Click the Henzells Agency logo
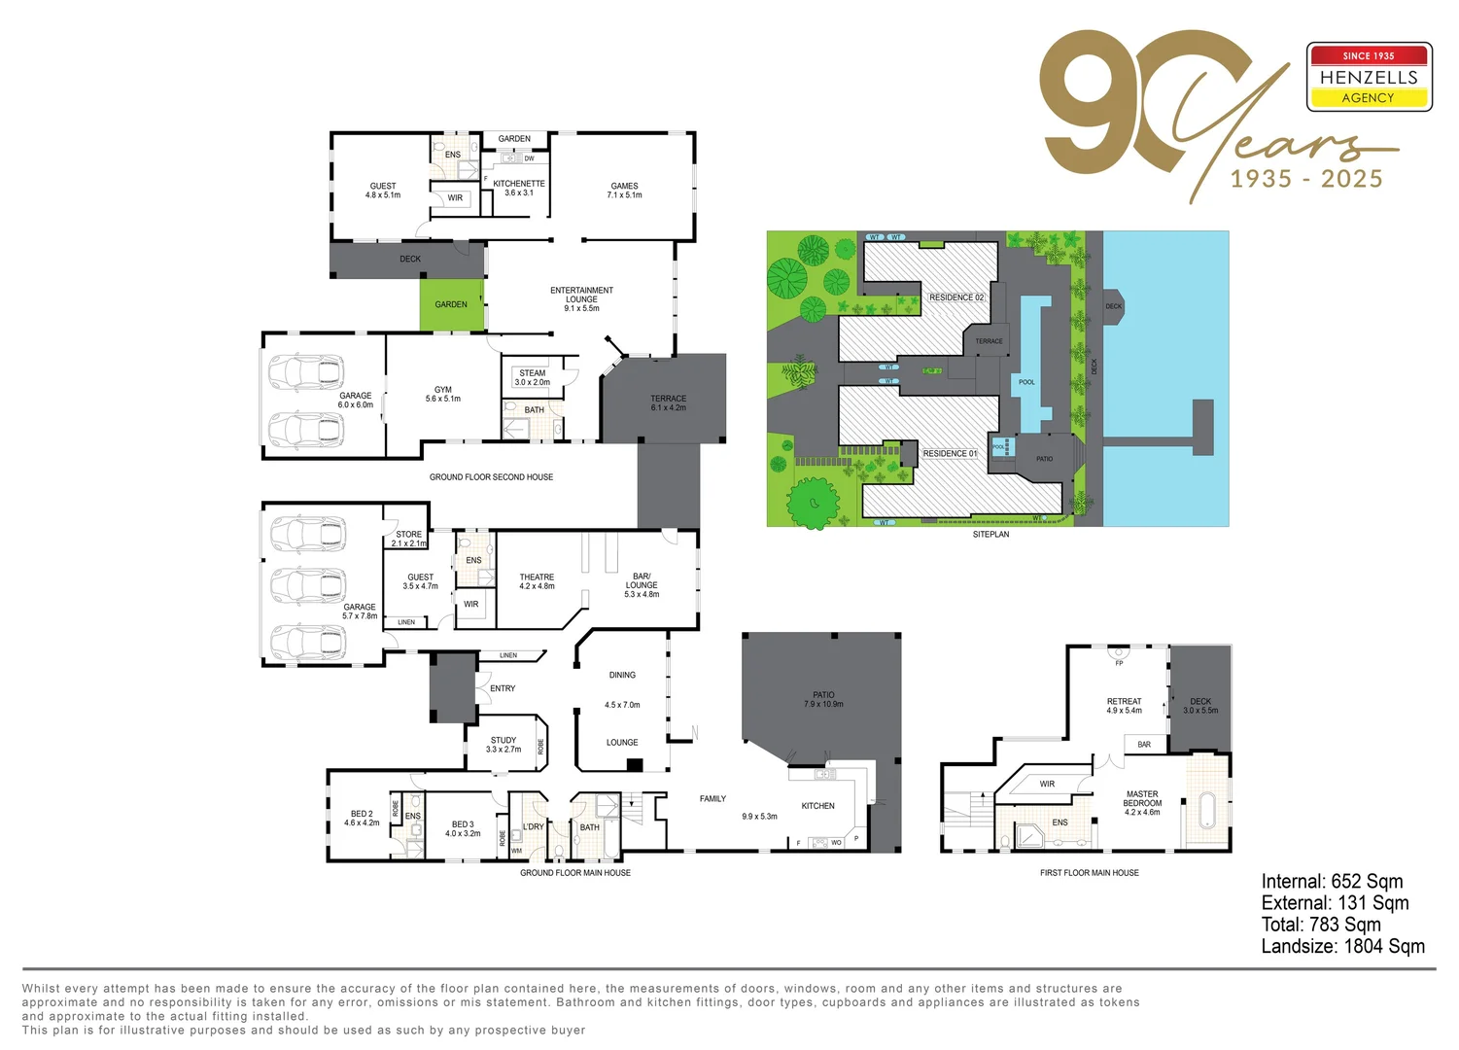tap(1369, 77)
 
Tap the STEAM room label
tap(532, 373)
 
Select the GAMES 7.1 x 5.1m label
tap(624, 191)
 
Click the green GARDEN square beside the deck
tap(451, 304)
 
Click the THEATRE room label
tap(537, 581)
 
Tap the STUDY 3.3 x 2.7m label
tap(504, 745)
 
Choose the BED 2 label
tap(362, 819)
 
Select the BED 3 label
tap(463, 828)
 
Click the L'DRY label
tap(534, 827)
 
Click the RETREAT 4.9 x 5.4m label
tap(1124, 706)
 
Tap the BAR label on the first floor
tap(1144, 745)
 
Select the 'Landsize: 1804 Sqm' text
tap(1342, 946)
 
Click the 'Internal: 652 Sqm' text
tap(1332, 882)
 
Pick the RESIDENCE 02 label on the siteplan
tap(956, 297)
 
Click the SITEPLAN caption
tap(990, 535)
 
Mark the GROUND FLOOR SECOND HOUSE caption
tap(491, 477)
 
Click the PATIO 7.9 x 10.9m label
tap(823, 699)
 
